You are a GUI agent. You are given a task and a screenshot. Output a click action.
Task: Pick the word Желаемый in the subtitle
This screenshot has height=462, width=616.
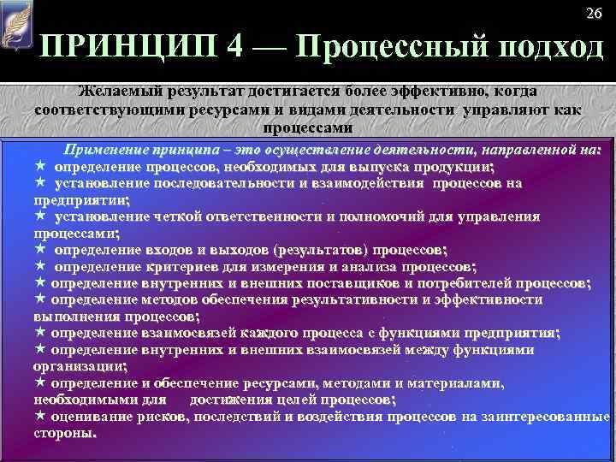point(116,91)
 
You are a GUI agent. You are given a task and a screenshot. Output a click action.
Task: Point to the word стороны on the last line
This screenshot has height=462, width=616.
point(64,434)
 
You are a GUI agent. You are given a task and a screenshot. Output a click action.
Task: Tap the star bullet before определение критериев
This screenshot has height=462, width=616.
point(39,266)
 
